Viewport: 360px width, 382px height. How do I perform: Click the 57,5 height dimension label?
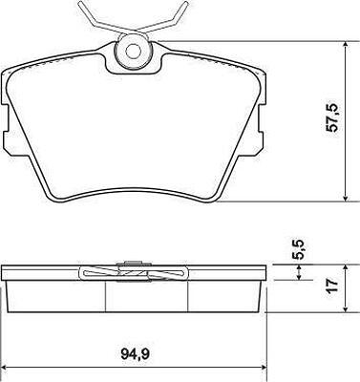pos(331,117)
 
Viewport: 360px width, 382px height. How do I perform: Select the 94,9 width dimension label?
pos(136,353)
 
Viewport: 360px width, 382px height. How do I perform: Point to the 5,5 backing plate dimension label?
pos(298,249)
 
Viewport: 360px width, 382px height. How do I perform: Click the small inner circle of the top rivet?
pos(134,51)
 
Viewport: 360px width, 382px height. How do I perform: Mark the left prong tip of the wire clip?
pos(80,3)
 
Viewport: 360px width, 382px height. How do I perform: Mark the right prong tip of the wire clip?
pos(186,3)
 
